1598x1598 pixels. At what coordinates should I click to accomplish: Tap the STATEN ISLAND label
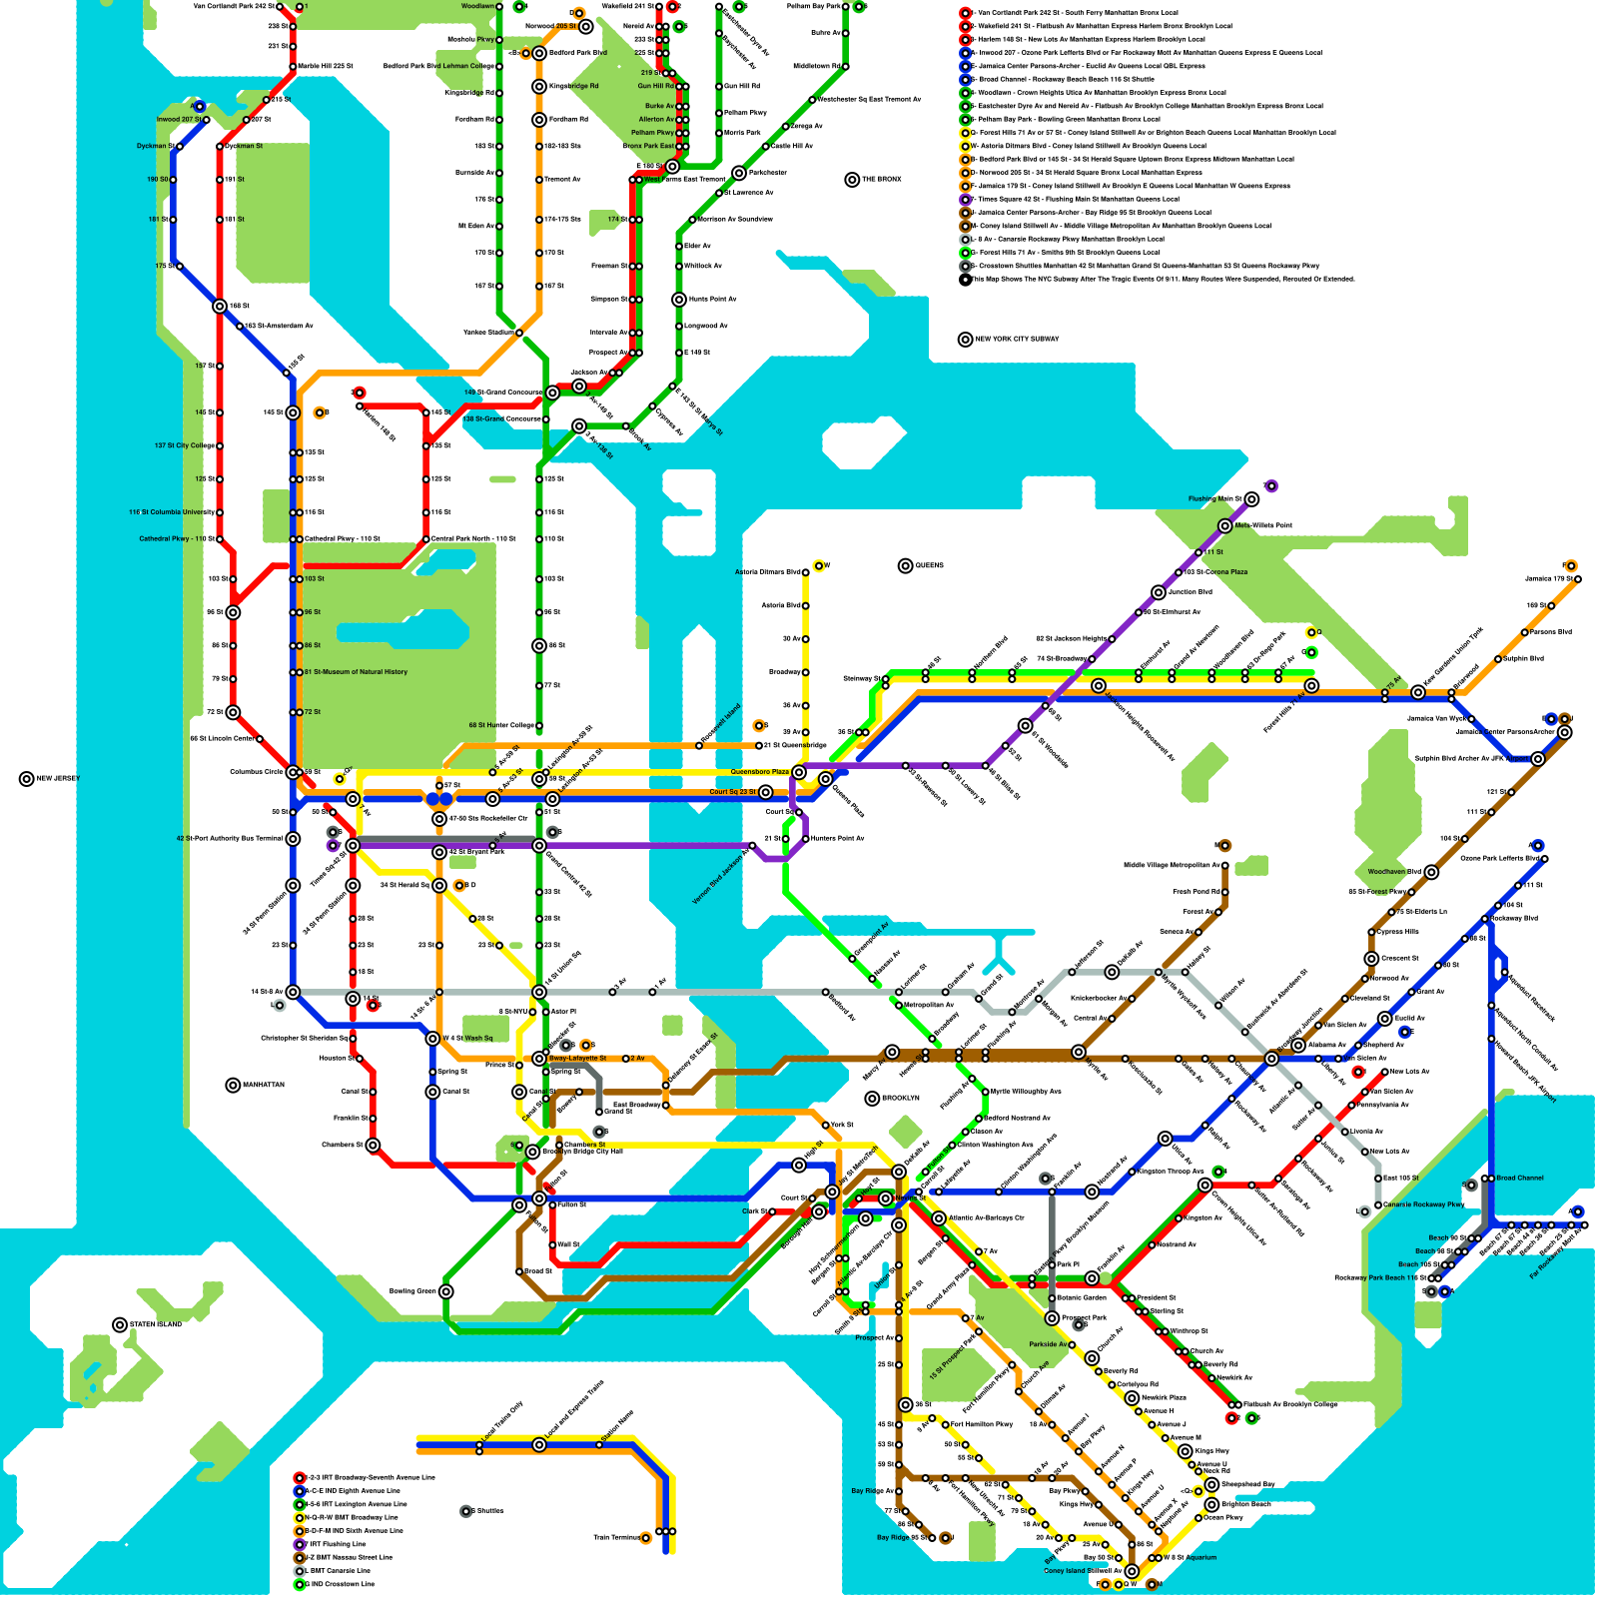click(x=156, y=1324)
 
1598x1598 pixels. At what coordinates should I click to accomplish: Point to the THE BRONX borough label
click(x=881, y=179)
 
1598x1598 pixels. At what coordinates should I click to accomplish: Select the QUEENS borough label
click(x=929, y=565)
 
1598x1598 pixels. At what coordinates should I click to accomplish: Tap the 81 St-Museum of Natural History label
click(x=356, y=672)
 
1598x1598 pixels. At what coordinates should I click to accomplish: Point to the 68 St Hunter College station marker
click(x=539, y=725)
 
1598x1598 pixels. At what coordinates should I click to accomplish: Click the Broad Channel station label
click(x=1520, y=1178)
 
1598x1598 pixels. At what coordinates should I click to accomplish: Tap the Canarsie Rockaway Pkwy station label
click(x=1423, y=1204)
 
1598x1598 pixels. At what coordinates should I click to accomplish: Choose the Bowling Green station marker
click(x=446, y=1291)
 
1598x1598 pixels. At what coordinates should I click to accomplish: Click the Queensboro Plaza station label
click(x=759, y=772)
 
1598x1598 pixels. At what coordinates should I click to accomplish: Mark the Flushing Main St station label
click(x=1214, y=498)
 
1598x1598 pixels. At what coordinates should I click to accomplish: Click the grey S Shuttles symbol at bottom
click(x=465, y=1511)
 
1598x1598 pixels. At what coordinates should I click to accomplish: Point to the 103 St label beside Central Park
click(x=314, y=578)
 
